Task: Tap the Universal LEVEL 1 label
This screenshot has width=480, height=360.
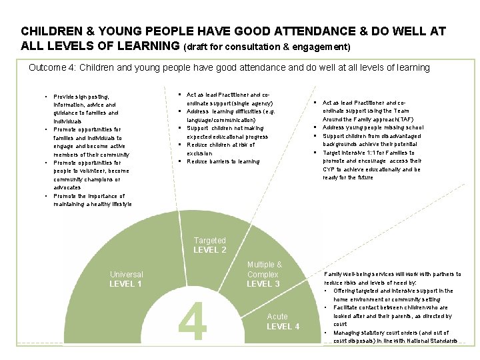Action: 126,279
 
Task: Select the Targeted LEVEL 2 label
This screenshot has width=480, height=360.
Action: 210,245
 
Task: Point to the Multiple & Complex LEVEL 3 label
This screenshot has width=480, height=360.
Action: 264,274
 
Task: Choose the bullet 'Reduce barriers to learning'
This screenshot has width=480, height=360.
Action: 223,161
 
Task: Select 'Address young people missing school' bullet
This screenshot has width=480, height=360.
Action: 372,127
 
